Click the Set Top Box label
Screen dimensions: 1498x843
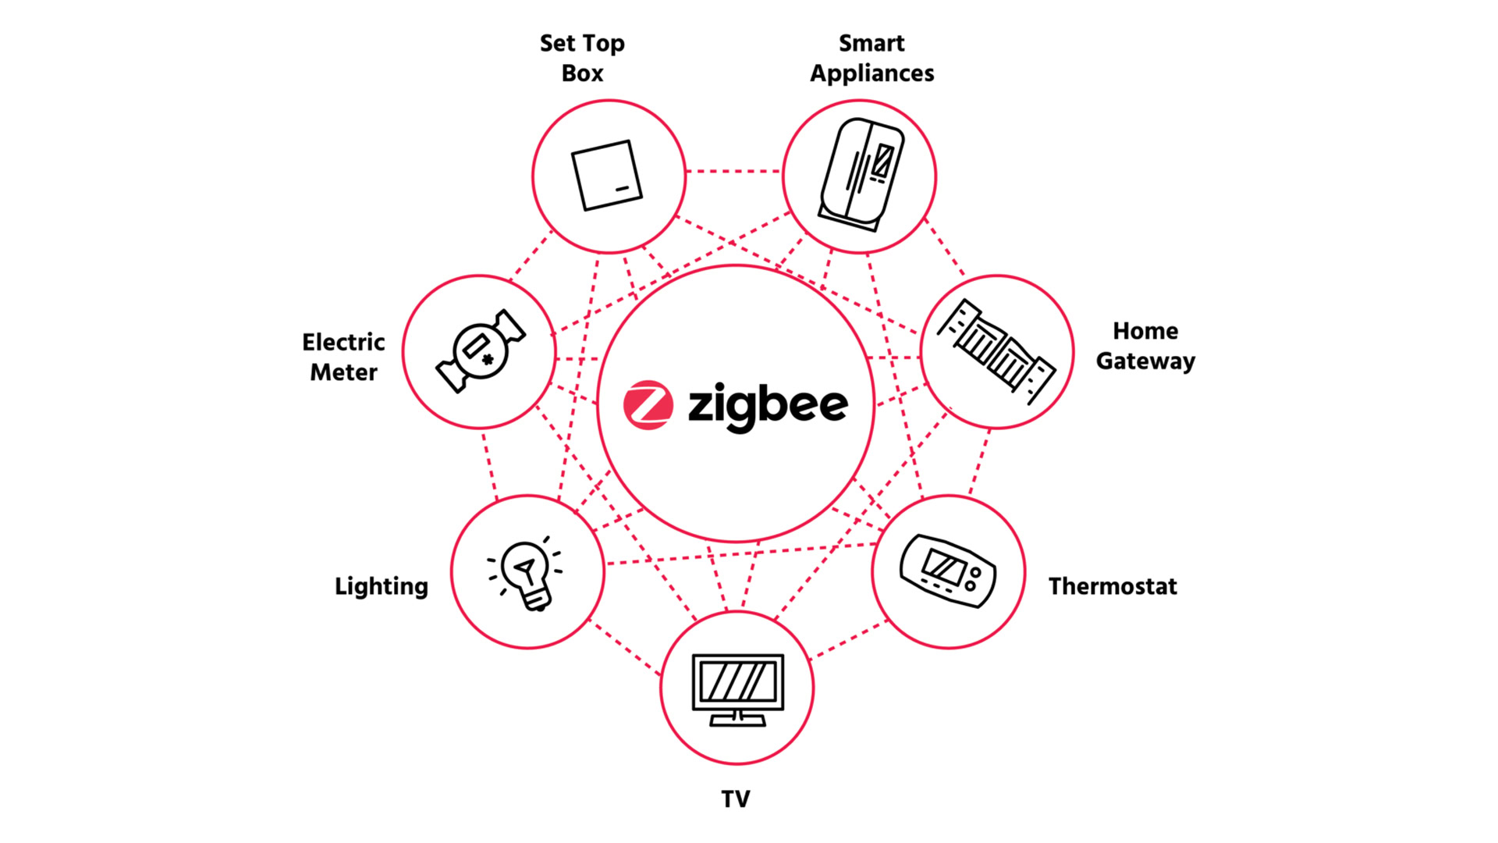coord(582,58)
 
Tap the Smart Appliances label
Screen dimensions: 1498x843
coord(871,58)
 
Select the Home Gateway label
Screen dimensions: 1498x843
coord(1145,346)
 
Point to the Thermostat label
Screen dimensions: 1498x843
coord(1113,586)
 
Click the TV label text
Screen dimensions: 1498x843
coord(736,799)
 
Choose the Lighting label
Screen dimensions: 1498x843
coord(382,586)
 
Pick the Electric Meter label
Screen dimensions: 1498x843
coord(343,357)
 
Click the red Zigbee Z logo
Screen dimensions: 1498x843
coord(648,405)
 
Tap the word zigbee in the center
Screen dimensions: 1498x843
coord(768,407)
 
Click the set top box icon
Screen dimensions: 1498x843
coord(607,176)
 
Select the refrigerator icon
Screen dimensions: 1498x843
coord(861,175)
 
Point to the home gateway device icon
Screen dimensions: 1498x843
coord(996,351)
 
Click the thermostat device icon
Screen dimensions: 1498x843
coord(948,571)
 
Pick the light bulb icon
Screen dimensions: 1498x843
coord(526,573)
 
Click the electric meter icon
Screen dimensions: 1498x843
coord(481,351)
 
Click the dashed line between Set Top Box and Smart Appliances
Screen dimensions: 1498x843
coord(734,171)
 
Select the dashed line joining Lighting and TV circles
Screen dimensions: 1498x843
coord(625,648)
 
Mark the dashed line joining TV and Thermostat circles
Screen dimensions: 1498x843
coord(850,639)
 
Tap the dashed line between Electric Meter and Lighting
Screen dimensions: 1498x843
coord(489,465)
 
